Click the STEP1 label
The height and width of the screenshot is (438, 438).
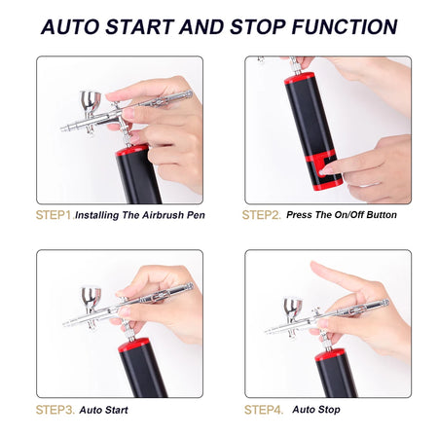pos(54,214)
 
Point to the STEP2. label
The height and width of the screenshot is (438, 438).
pos(263,214)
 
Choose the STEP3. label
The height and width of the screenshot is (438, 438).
pos(55,410)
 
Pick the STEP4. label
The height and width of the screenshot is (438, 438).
pos(264,410)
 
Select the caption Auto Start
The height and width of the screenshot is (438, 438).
pos(103,410)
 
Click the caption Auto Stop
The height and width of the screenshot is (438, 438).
pos(316,410)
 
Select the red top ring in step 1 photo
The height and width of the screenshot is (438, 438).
pos(137,152)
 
